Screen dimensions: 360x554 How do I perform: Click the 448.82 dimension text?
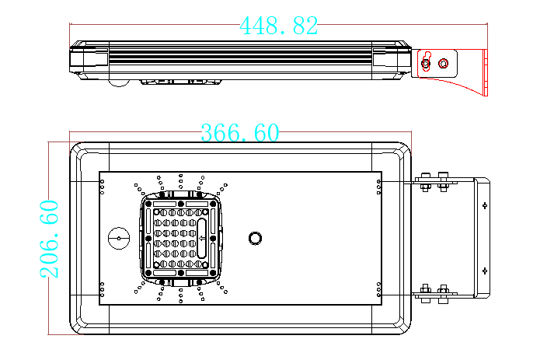(x=279, y=26)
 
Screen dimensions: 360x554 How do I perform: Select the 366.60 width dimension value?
(x=240, y=132)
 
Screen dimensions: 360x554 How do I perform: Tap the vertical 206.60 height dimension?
(x=48, y=239)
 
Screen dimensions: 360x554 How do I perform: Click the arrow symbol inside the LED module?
(x=202, y=238)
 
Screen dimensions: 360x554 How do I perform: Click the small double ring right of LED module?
(x=255, y=237)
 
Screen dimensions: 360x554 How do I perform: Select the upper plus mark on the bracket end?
(x=484, y=205)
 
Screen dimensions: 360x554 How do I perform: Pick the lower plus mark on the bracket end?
(x=484, y=271)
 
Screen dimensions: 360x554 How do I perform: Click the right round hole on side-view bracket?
(x=444, y=63)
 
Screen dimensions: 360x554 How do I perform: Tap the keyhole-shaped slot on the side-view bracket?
(x=426, y=63)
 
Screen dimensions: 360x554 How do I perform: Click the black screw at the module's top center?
(x=181, y=204)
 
